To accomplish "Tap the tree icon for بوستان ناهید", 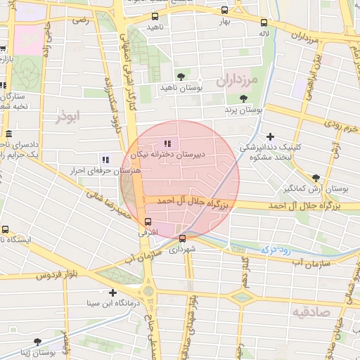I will [x=181, y=75].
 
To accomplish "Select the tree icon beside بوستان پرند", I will [x=243, y=99].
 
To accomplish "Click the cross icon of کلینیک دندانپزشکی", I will [x=271, y=137].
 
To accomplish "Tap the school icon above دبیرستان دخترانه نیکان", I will [x=167, y=143].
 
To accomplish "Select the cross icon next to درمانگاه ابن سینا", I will [x=112, y=292].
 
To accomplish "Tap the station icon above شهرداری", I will [x=183, y=238].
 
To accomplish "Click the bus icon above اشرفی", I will [x=138, y=222].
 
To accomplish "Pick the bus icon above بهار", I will [x=224, y=11].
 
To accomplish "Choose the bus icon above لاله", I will [x=264, y=22].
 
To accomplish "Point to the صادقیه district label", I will [x=310, y=311].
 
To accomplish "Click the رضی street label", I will [x=79, y=20].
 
